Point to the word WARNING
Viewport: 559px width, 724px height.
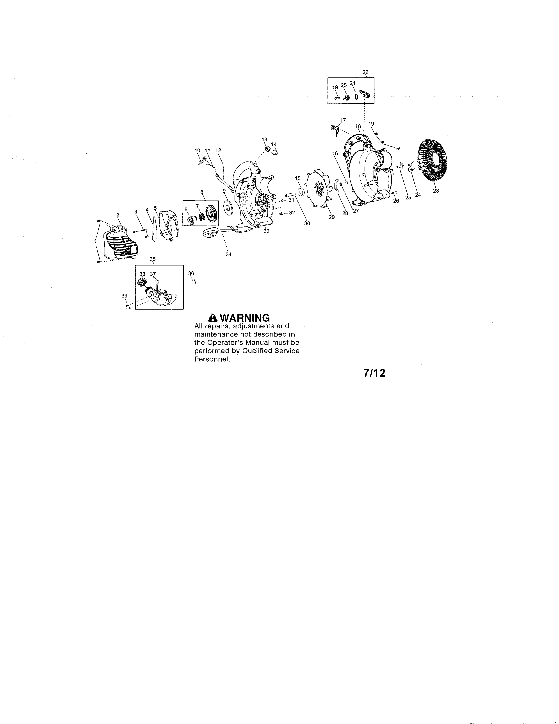click(x=245, y=318)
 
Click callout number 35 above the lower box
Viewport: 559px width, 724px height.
click(x=153, y=259)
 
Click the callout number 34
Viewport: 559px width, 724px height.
click(x=228, y=254)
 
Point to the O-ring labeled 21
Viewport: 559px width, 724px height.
click(x=356, y=97)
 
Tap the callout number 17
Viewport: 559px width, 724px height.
click(x=343, y=120)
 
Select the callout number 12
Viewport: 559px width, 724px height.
click(x=218, y=150)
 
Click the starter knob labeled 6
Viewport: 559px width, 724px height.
click(x=191, y=219)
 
